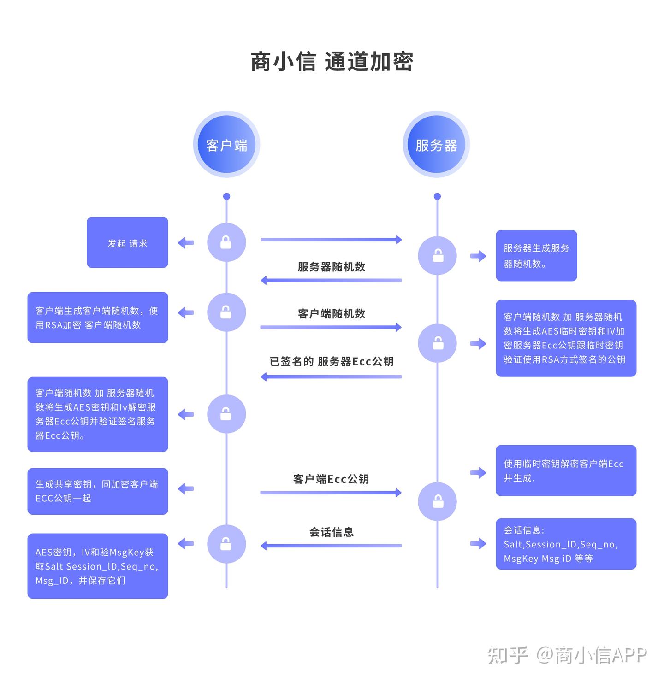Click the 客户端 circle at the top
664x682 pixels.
pyautogui.click(x=226, y=145)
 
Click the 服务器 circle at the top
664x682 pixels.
pyautogui.click(x=436, y=145)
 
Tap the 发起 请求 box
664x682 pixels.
pyautogui.click(x=127, y=242)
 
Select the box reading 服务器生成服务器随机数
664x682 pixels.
pyautogui.click(x=536, y=255)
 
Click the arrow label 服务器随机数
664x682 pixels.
pyautogui.click(x=331, y=267)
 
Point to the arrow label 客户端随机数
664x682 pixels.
pyautogui.click(x=331, y=314)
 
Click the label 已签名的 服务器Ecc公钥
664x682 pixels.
pyautogui.click(x=331, y=361)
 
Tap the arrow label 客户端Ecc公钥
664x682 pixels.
pyautogui.click(x=331, y=479)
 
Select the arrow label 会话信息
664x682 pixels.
pyautogui.click(x=331, y=532)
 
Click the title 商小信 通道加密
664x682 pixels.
pyautogui.click(x=332, y=62)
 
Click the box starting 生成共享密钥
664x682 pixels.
pyautogui.click(x=98, y=491)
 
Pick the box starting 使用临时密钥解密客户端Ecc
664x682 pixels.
pyautogui.click(x=566, y=470)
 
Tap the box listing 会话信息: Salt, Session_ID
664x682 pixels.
pyautogui.click(x=566, y=544)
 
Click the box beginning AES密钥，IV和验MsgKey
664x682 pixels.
pyautogui.click(x=98, y=566)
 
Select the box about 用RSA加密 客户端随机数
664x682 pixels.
pyautogui.click(x=98, y=317)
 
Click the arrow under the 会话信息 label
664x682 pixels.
pyautogui.click(x=331, y=546)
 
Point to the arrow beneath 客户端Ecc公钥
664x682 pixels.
pyautogui.click(x=331, y=493)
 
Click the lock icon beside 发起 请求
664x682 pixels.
pyautogui.click(x=226, y=242)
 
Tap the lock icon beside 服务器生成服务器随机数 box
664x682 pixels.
pyautogui.click(x=437, y=255)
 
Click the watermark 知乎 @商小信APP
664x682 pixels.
pyautogui.click(x=567, y=654)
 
